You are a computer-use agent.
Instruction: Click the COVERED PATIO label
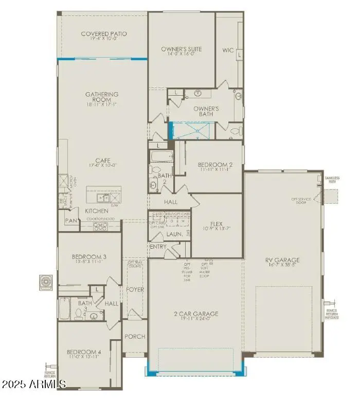pos(104,34)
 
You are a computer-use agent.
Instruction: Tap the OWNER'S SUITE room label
pos(181,49)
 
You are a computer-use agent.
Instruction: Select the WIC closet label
pos(228,50)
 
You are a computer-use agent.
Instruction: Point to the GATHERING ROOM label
pos(102,95)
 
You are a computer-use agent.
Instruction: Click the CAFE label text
pos(102,160)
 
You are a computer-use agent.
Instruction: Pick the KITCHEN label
pos(97,211)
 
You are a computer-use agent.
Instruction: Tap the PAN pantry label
pos(71,221)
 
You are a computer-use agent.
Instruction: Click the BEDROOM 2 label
pos(215,165)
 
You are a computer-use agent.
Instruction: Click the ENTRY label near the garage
pos(158,247)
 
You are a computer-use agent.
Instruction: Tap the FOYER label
pos(135,290)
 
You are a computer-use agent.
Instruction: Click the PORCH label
pos(135,337)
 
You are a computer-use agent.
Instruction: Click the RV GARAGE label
pos(283,260)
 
